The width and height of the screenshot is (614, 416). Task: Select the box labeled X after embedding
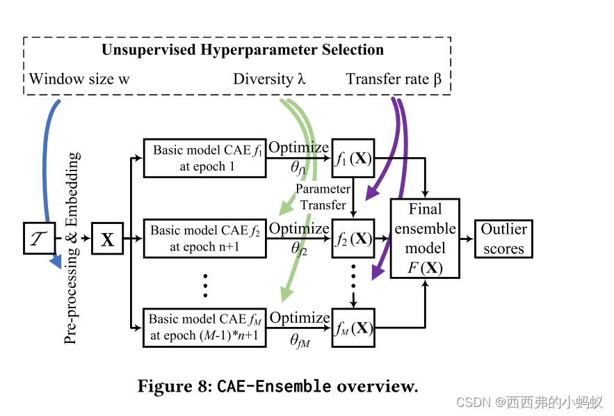pyautogui.click(x=107, y=239)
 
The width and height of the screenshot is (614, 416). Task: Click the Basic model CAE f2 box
pyautogui.click(x=203, y=238)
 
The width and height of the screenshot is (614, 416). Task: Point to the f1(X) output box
pyautogui.click(x=353, y=158)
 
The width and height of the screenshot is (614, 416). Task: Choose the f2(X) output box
pyautogui.click(x=353, y=238)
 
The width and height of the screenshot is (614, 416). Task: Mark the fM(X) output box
pyautogui.click(x=353, y=327)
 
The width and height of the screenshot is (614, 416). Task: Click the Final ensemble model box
pyautogui.click(x=425, y=238)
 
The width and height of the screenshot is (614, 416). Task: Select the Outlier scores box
pyautogui.click(x=504, y=239)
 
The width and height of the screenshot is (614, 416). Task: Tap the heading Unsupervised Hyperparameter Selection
pyautogui.click(x=242, y=50)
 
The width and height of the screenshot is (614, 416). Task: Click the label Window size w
pyautogui.click(x=79, y=79)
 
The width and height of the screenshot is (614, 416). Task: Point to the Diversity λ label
pyautogui.click(x=269, y=79)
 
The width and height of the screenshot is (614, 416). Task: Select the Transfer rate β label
pyautogui.click(x=394, y=79)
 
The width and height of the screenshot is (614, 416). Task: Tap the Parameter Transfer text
pyautogui.click(x=323, y=197)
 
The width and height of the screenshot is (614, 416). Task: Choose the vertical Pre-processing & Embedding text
pyautogui.click(x=72, y=247)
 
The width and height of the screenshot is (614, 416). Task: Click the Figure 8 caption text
pyautogui.click(x=277, y=386)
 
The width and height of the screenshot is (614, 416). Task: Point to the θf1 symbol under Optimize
pyautogui.click(x=298, y=169)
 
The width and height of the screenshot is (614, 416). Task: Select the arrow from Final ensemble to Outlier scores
pyautogui.click(x=467, y=239)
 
